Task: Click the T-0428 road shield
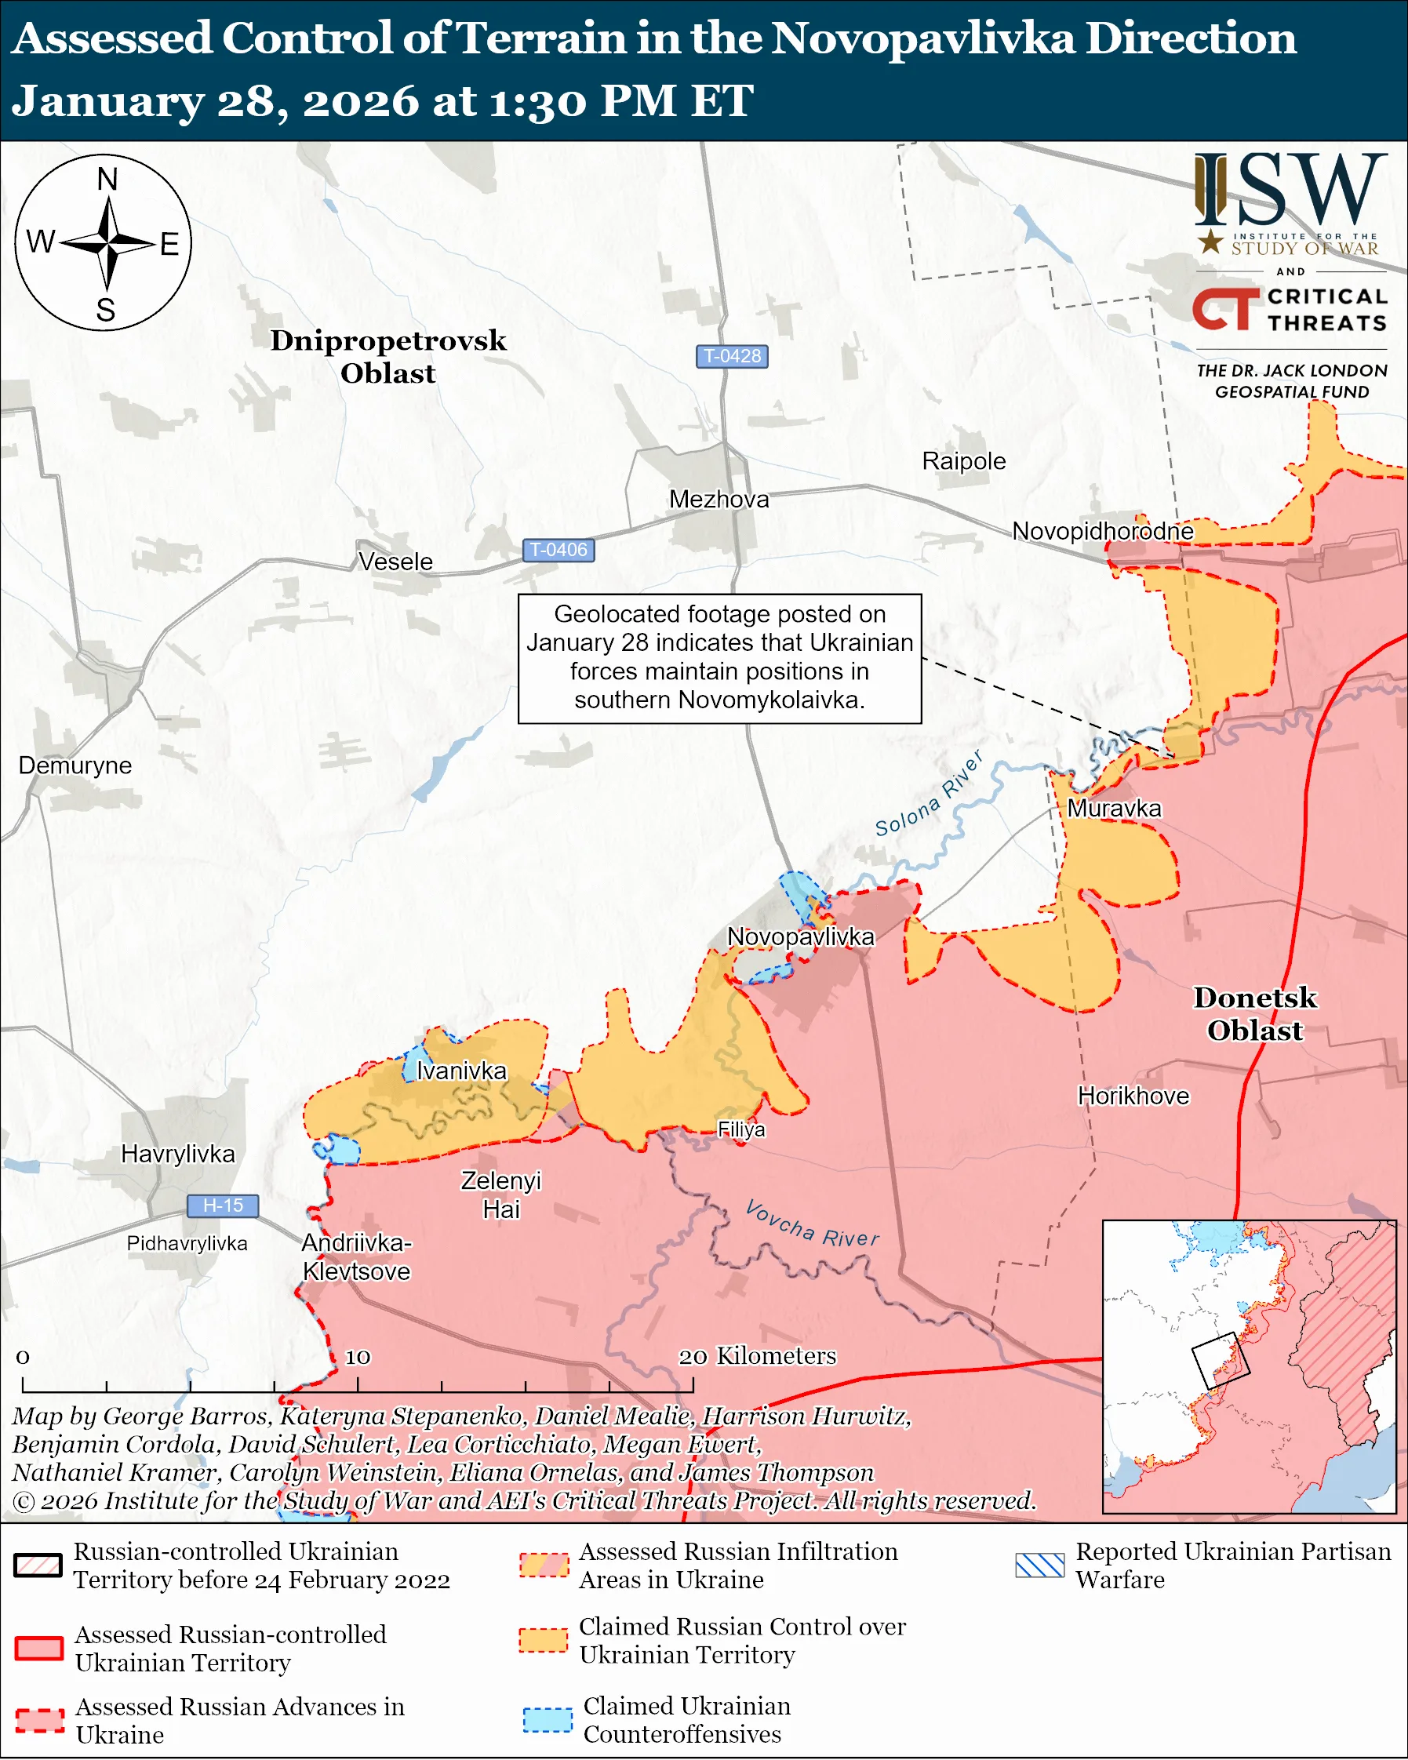[731, 356]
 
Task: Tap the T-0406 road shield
[558, 551]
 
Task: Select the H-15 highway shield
[223, 1205]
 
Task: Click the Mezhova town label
[719, 499]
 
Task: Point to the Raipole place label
[963, 461]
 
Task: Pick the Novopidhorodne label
[1102, 532]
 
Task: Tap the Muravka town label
[1114, 808]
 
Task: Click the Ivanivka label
[461, 1071]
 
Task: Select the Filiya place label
[741, 1129]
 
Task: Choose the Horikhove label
[1133, 1096]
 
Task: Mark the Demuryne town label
[75, 765]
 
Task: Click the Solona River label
[929, 795]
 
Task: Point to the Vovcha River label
[812, 1223]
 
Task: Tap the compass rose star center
[107, 242]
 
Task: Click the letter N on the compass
[107, 179]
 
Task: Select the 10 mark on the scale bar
[358, 1357]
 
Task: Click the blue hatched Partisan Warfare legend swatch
[1040, 1564]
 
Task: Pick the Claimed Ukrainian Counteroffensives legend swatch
[547, 1719]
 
